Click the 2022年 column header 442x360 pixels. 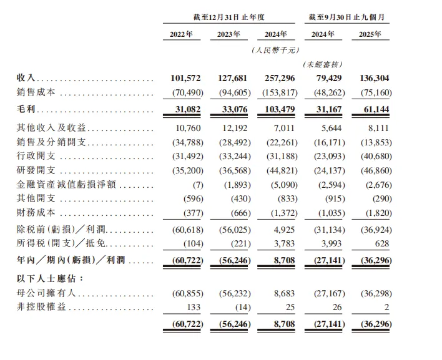[x=182, y=35]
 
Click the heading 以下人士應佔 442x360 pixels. [x=46, y=277]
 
